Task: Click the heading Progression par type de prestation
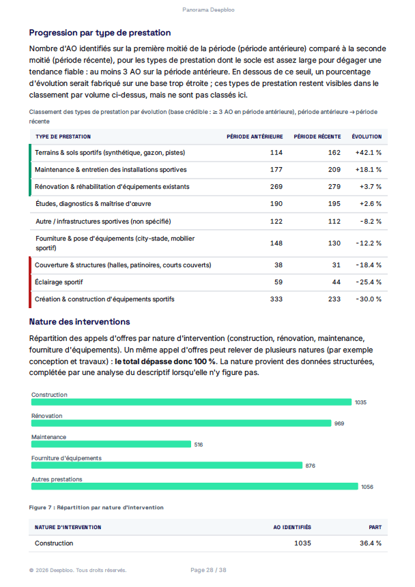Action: pos(100,33)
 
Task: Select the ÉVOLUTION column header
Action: pos(367,136)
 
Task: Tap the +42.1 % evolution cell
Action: pos(368,153)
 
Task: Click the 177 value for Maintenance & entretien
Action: pos(276,170)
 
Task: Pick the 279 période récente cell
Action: pos(334,187)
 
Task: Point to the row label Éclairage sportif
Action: pos(59,282)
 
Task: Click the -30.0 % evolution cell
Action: pos(369,299)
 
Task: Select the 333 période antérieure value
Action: pos(276,299)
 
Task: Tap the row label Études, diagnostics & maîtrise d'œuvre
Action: pos(94,204)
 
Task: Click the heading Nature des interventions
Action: pos(79,322)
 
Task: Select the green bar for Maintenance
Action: pos(111,445)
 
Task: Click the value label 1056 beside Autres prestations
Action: pos(367,487)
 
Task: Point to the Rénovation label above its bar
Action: pos(47,416)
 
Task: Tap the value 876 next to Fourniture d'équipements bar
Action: pos(310,466)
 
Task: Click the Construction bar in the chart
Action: pos(191,402)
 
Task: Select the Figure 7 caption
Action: pos(96,508)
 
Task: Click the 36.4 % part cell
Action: pos(371,543)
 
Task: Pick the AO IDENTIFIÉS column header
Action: pos(292,528)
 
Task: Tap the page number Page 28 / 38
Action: pos(208,570)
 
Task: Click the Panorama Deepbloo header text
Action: pos(208,10)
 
